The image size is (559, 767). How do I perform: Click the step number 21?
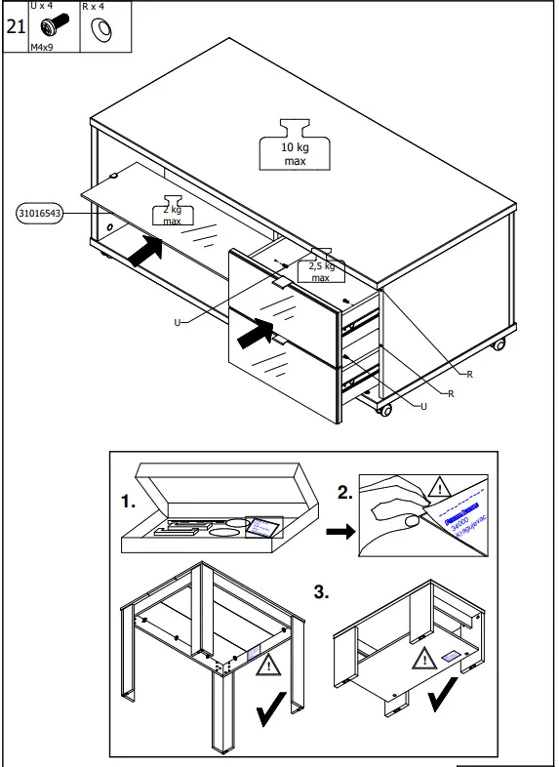[15, 26]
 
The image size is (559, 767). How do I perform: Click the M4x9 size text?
[44, 46]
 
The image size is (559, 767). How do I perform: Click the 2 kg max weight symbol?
[173, 215]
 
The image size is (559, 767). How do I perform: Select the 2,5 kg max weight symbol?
[321, 265]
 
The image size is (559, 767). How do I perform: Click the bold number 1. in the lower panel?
[128, 502]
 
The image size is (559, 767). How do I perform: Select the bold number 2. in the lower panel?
[343, 494]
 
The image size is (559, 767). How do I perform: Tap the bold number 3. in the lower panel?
[321, 591]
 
